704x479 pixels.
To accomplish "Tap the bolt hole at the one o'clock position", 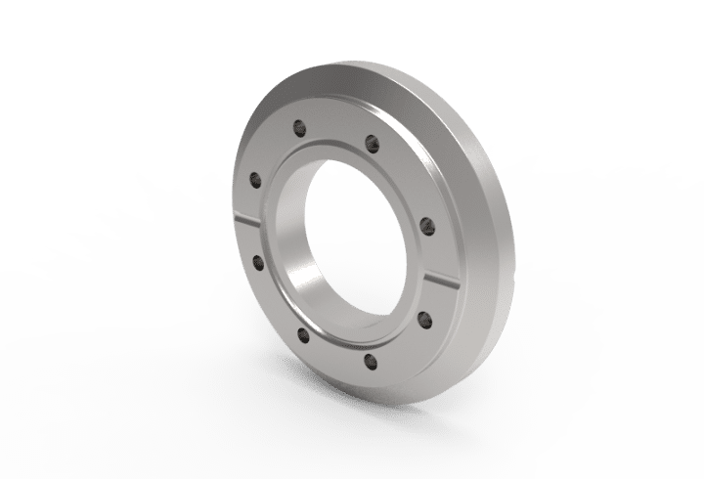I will (x=371, y=144).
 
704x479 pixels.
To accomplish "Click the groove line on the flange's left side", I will (x=251, y=220).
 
